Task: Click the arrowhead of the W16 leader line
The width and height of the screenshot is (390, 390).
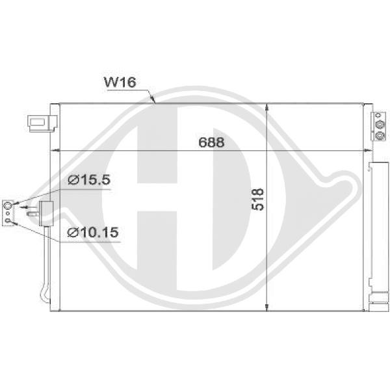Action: tap(153, 101)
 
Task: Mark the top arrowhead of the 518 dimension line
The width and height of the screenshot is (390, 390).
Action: tap(268, 107)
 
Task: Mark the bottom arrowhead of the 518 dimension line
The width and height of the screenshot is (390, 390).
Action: tap(268, 306)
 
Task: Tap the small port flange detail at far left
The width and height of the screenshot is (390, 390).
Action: tap(7, 212)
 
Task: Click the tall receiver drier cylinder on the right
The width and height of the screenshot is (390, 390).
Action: tap(376, 227)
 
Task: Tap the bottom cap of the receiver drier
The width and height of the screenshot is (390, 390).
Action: tap(376, 302)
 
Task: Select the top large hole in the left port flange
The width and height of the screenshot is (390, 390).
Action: tap(6, 206)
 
